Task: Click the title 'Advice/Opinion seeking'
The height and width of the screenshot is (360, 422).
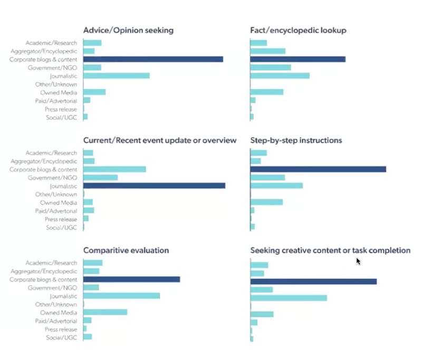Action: pos(128,30)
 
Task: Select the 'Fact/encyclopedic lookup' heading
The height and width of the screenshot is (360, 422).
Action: pos(298,30)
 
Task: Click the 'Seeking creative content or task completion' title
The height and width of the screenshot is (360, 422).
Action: pos(330,250)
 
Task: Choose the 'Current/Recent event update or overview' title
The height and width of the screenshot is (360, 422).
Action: pos(160,141)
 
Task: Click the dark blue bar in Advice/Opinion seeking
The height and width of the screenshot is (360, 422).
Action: pos(153,60)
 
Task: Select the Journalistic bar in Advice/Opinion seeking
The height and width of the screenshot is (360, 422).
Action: pos(117,76)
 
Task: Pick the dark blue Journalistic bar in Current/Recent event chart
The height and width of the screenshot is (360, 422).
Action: pos(154,186)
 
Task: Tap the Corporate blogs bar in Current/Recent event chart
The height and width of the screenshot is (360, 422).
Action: pos(114,169)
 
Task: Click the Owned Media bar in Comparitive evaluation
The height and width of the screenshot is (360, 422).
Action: pos(105,312)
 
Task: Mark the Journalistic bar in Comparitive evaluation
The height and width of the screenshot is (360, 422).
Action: pos(121,296)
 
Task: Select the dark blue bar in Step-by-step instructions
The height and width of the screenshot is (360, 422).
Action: pos(318,169)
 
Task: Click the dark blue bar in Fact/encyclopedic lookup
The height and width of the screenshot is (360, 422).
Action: pos(298,60)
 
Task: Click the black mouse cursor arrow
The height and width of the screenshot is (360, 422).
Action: pos(358,260)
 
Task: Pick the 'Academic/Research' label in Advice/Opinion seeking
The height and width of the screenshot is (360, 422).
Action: pos(51,43)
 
